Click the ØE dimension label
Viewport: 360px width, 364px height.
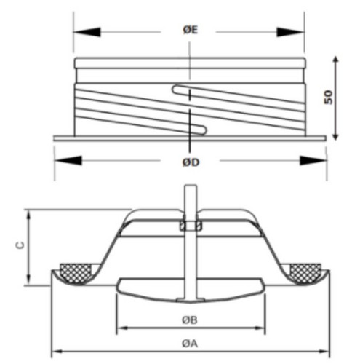point(191,30)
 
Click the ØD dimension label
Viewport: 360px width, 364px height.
point(191,162)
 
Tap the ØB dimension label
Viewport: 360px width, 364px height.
point(190,320)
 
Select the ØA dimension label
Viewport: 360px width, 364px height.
point(190,344)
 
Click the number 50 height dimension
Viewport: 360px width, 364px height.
point(329,97)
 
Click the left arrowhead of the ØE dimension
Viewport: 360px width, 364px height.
point(87,32)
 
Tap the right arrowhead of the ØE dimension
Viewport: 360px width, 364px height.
point(290,32)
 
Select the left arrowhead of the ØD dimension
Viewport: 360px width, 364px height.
point(68,161)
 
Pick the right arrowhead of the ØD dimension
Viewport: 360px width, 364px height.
point(313,161)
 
